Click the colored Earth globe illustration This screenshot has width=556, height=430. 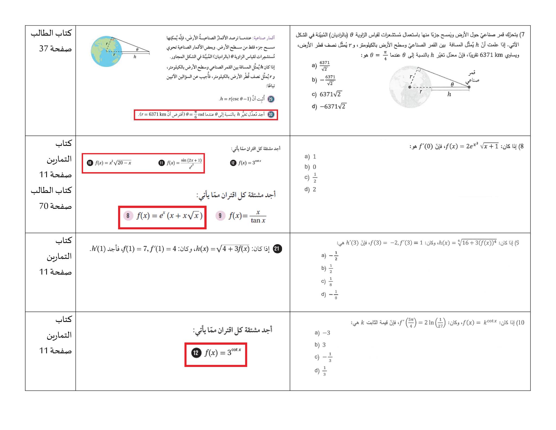pos(106,51)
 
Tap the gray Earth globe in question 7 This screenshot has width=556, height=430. pos(410,87)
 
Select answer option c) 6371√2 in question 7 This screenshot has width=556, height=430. pos(327,94)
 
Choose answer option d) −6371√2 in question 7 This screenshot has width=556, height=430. pos(329,106)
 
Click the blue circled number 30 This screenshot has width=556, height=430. pos(271,114)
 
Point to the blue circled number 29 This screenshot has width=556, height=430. pos(271,99)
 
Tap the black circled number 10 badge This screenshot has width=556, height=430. pos(90,163)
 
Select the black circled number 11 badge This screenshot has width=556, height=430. pos(162,163)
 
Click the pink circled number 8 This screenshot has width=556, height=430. pos(128,216)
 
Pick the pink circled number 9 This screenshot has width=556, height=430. pos(220,216)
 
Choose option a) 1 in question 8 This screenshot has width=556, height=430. pos(310,156)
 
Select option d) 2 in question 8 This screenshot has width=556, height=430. pos(310,189)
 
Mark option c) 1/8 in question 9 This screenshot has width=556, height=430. pos(327,281)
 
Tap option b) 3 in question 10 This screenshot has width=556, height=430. pos(320,345)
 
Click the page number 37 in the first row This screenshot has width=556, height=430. pos(43,49)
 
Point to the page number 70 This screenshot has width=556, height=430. pos(43,206)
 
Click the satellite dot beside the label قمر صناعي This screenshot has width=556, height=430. pos(469,87)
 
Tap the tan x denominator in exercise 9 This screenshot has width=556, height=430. pos(258,221)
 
